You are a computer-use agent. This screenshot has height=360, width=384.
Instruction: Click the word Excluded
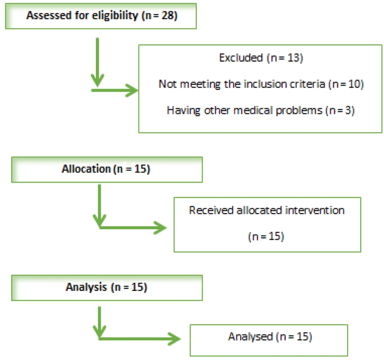(241, 58)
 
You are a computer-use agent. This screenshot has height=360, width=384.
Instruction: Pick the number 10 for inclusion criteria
(354, 84)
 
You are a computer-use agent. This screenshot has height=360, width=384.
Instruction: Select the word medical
(253, 110)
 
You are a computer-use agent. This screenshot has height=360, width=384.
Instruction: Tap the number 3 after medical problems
(348, 110)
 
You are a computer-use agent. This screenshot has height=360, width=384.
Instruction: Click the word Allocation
(86, 169)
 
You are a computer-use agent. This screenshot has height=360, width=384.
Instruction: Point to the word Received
(211, 210)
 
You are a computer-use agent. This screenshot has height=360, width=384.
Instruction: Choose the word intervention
(315, 210)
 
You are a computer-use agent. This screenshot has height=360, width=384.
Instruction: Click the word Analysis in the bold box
(86, 287)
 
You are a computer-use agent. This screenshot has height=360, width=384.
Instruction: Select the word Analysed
(250, 337)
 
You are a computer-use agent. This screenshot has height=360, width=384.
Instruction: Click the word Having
(184, 111)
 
